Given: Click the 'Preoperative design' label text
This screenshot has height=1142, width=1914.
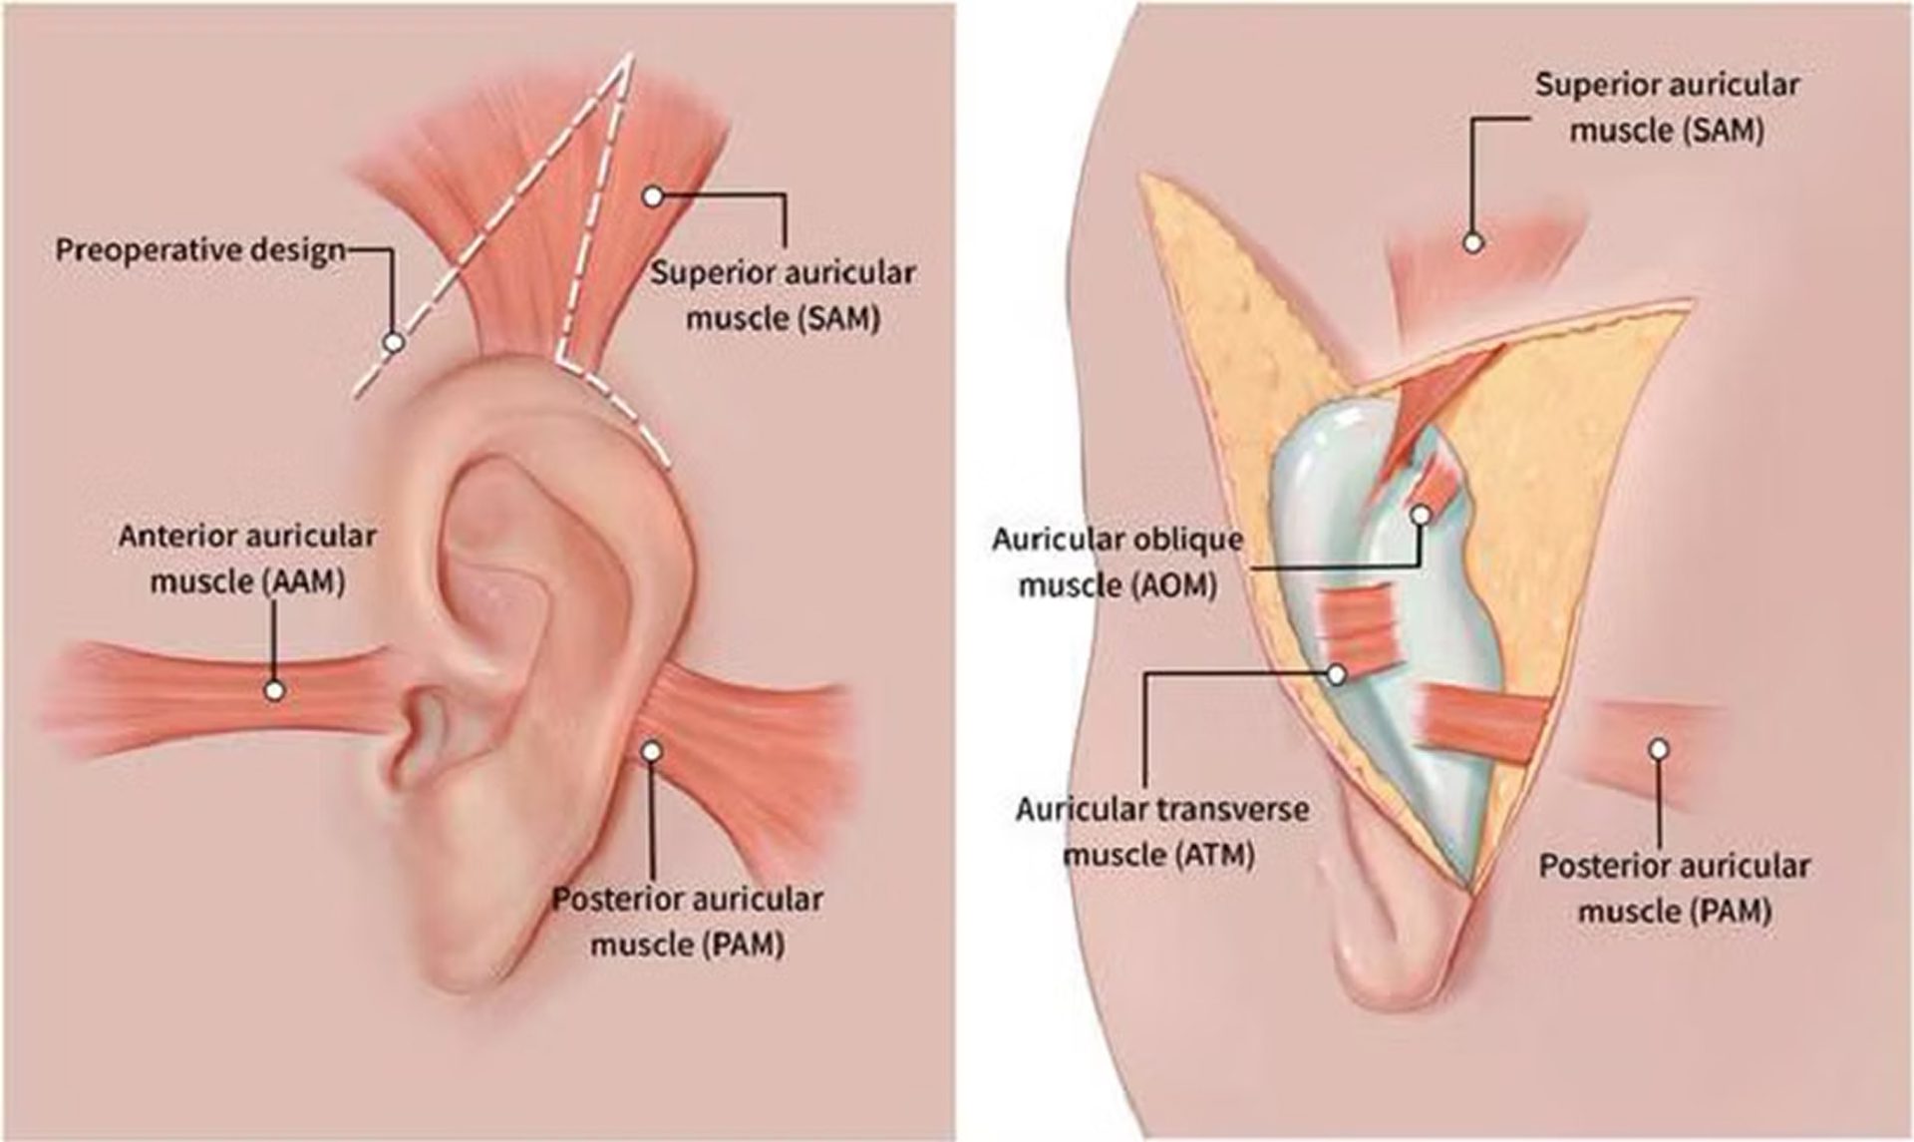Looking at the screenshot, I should pos(199,249).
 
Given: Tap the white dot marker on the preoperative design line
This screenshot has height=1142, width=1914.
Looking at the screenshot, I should pos(394,342).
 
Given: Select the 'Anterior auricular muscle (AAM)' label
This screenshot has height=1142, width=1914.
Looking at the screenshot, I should pos(247,559).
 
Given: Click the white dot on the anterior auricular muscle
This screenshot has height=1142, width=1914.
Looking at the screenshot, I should pos(274,689).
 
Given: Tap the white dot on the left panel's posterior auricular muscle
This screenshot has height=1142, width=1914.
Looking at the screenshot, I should pos(652,751).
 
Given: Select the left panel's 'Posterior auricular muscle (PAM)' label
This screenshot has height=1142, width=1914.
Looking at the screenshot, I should pos(688,921).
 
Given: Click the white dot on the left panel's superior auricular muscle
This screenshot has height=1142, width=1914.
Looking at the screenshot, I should pos(652,196).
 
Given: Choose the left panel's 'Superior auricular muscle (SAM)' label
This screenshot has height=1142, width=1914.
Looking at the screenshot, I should pos(783,295).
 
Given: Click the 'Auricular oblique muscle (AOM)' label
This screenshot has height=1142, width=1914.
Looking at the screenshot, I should pos(1117,563).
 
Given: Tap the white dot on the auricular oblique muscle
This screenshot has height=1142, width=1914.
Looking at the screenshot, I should pos(1422,514).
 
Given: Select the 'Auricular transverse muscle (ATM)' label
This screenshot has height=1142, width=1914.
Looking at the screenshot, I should pos(1161,831).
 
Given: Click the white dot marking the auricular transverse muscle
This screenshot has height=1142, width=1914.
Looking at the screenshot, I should pos(1337,675).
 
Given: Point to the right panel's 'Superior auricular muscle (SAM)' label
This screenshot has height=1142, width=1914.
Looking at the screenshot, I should pos(1667,107).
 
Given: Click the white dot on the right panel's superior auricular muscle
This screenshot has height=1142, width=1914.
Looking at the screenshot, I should pos(1472,241).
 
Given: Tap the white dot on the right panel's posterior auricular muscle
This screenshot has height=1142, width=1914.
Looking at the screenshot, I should pos(1658,748).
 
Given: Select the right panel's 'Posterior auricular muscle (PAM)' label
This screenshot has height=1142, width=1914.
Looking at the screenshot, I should pos(1675,888).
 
